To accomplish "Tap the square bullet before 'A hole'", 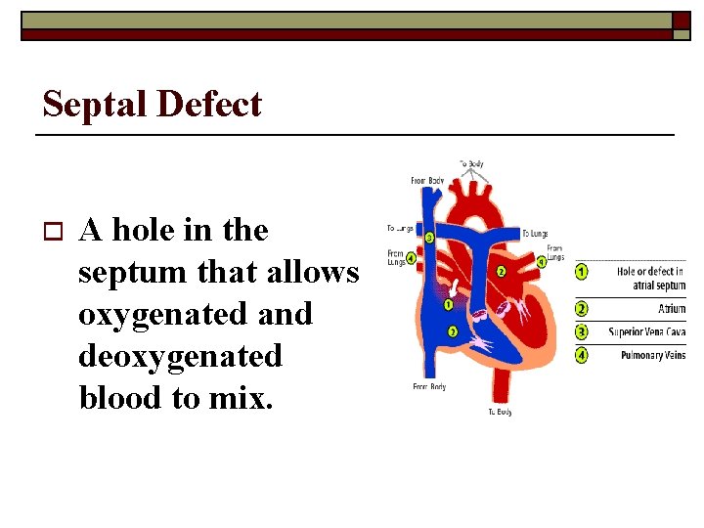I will click(53, 232).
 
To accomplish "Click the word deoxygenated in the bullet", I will click(180, 356).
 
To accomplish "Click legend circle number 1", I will click(582, 271).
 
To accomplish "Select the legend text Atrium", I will click(671, 309).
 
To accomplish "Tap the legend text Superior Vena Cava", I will click(646, 332).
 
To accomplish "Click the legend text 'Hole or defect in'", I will click(650, 271).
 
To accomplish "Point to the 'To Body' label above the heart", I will click(472, 163).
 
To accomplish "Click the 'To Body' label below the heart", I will click(500, 413).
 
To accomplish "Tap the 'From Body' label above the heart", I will click(428, 180).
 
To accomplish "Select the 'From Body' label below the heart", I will click(428, 387).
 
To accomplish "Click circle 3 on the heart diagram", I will click(429, 238).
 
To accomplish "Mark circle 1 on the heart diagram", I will click(448, 305).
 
